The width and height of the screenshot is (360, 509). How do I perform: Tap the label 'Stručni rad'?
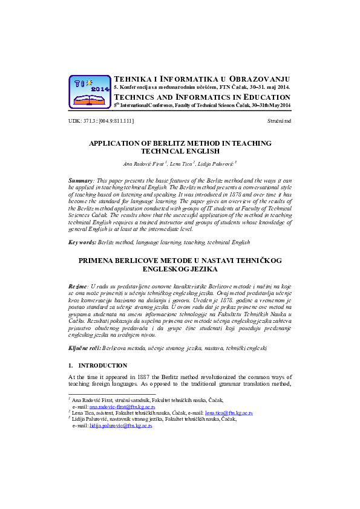278,122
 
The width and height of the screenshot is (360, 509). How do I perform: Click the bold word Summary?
80,181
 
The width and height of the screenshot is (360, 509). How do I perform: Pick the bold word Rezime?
78,285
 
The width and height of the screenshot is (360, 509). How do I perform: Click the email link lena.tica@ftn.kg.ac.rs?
229,413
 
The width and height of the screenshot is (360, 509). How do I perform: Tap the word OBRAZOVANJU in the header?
261,79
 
